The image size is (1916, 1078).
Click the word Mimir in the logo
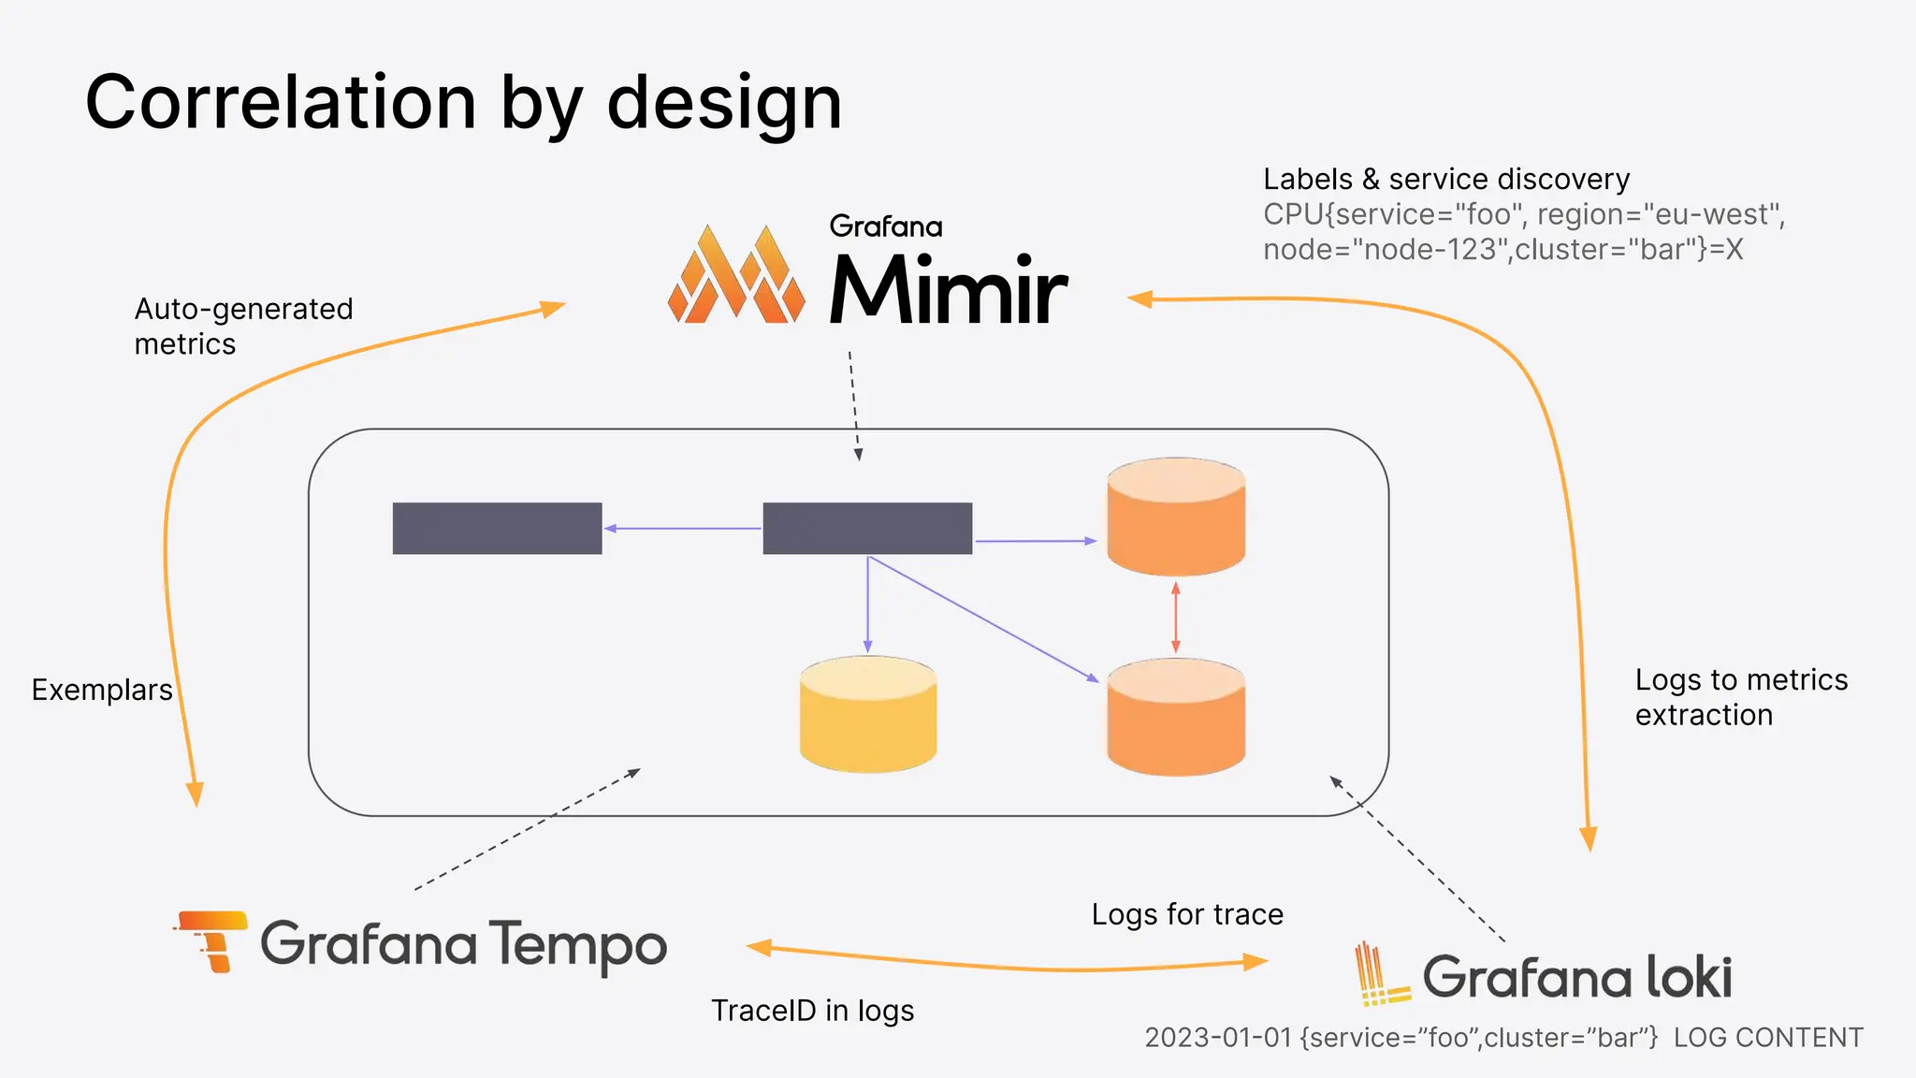[x=947, y=291]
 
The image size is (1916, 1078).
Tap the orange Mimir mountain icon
[x=736, y=275]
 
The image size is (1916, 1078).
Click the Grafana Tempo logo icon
[x=211, y=940]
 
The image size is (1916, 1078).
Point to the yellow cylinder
[x=868, y=715]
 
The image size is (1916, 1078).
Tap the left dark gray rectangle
[x=497, y=529]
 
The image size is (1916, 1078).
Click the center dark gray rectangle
[x=867, y=529]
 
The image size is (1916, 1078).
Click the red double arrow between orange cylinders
[x=1175, y=618]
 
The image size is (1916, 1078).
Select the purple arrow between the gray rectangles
[x=682, y=529]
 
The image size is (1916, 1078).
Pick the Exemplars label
[x=102, y=690]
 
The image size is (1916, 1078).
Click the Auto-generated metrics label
[x=243, y=326]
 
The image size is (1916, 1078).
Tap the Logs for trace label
[x=1187, y=914]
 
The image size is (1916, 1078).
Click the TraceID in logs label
[x=812, y=1011]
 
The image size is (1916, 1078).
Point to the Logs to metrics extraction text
[x=1740, y=697]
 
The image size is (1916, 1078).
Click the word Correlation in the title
[x=281, y=103]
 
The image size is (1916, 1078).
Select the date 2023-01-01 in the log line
[x=1217, y=1038]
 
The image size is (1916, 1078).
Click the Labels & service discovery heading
[x=1445, y=179]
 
